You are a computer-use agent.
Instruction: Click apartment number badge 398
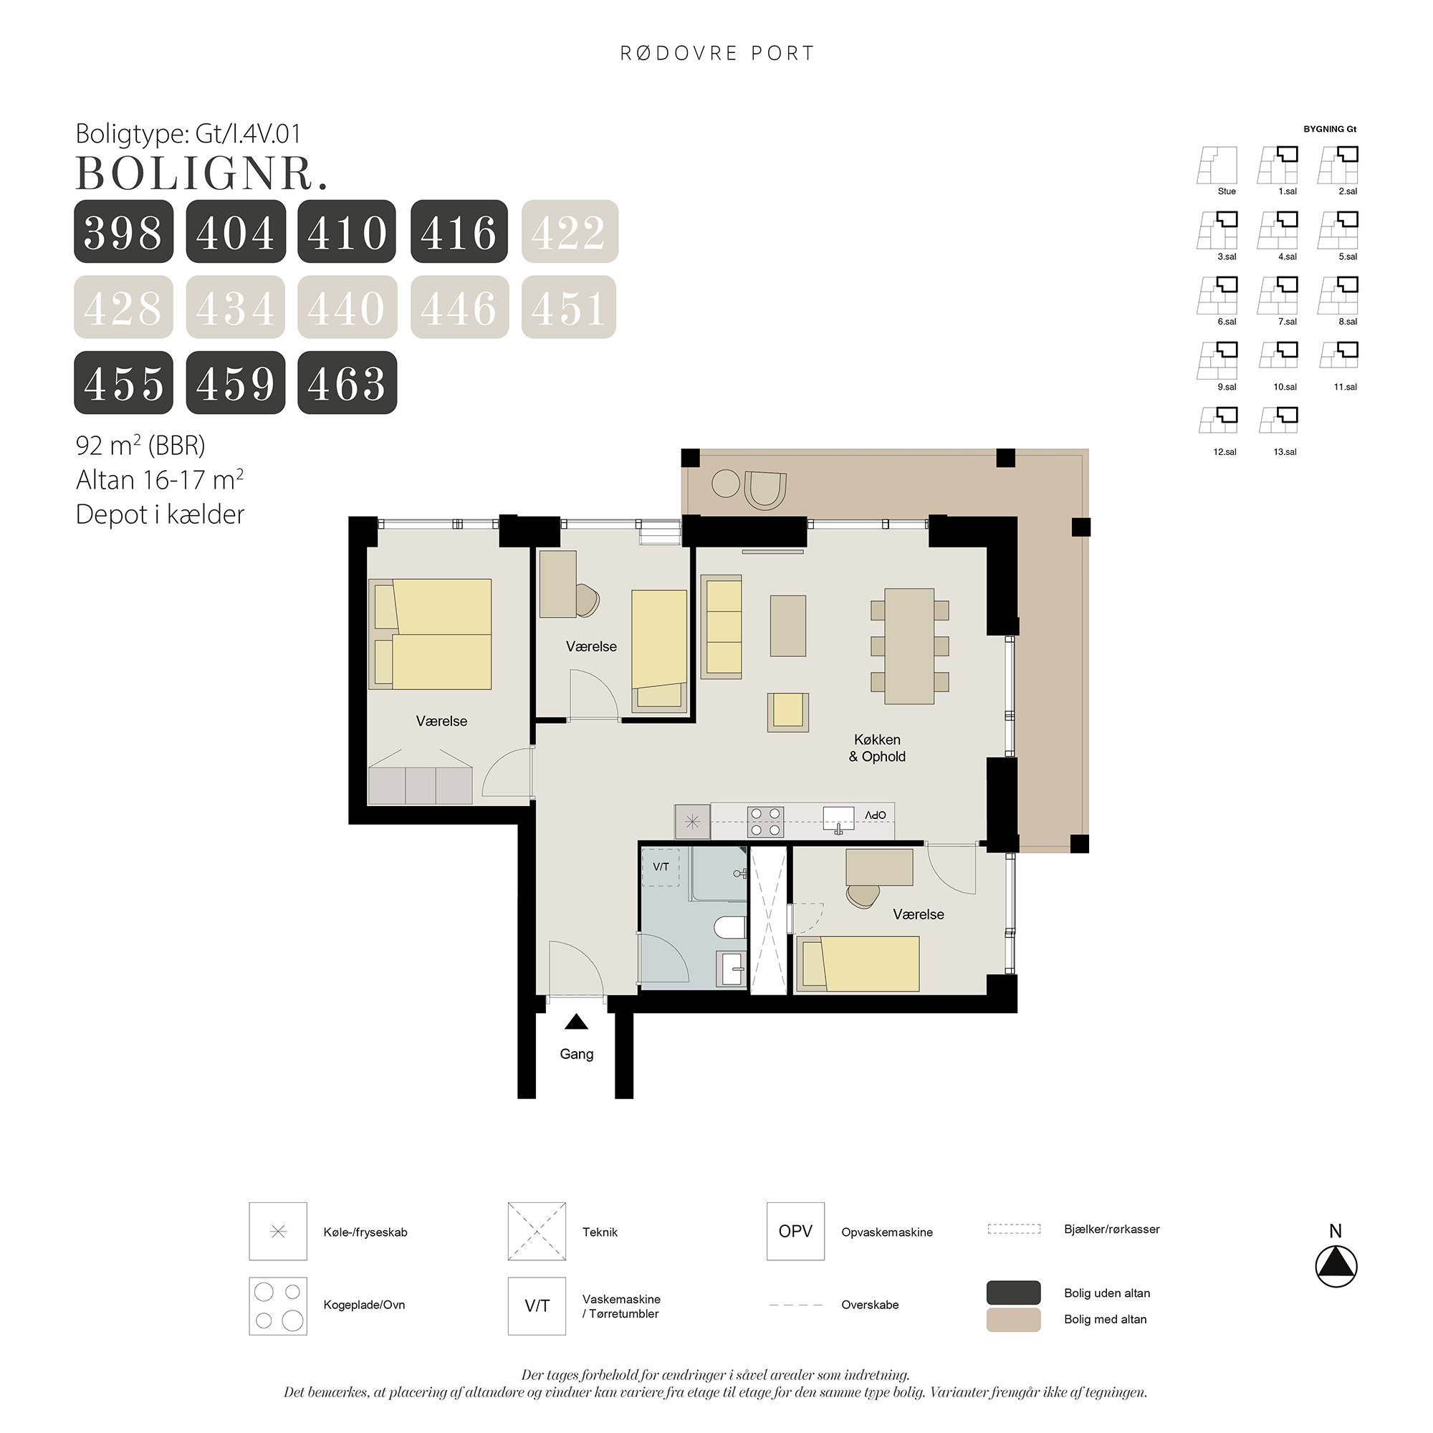124,231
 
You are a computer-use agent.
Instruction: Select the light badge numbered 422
570,231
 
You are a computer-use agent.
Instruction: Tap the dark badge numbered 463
347,383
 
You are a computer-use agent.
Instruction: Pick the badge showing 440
347,307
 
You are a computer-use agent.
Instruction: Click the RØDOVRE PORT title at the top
717,54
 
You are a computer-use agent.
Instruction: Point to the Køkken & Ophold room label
877,747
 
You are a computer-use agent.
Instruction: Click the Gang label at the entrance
576,1054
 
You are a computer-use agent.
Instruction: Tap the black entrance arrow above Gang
576,1022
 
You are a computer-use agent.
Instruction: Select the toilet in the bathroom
731,927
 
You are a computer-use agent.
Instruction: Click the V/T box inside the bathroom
661,867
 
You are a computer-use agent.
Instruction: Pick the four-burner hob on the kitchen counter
765,822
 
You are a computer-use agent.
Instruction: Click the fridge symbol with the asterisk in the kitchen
692,822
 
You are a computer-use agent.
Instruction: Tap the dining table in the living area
909,646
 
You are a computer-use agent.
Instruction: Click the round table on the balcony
725,484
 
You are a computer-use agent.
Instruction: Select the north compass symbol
1336,1265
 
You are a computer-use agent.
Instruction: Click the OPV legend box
795,1231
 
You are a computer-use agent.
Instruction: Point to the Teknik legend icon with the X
537,1231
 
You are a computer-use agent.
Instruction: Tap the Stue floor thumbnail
1217,166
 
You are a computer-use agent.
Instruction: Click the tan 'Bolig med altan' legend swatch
1013,1320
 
